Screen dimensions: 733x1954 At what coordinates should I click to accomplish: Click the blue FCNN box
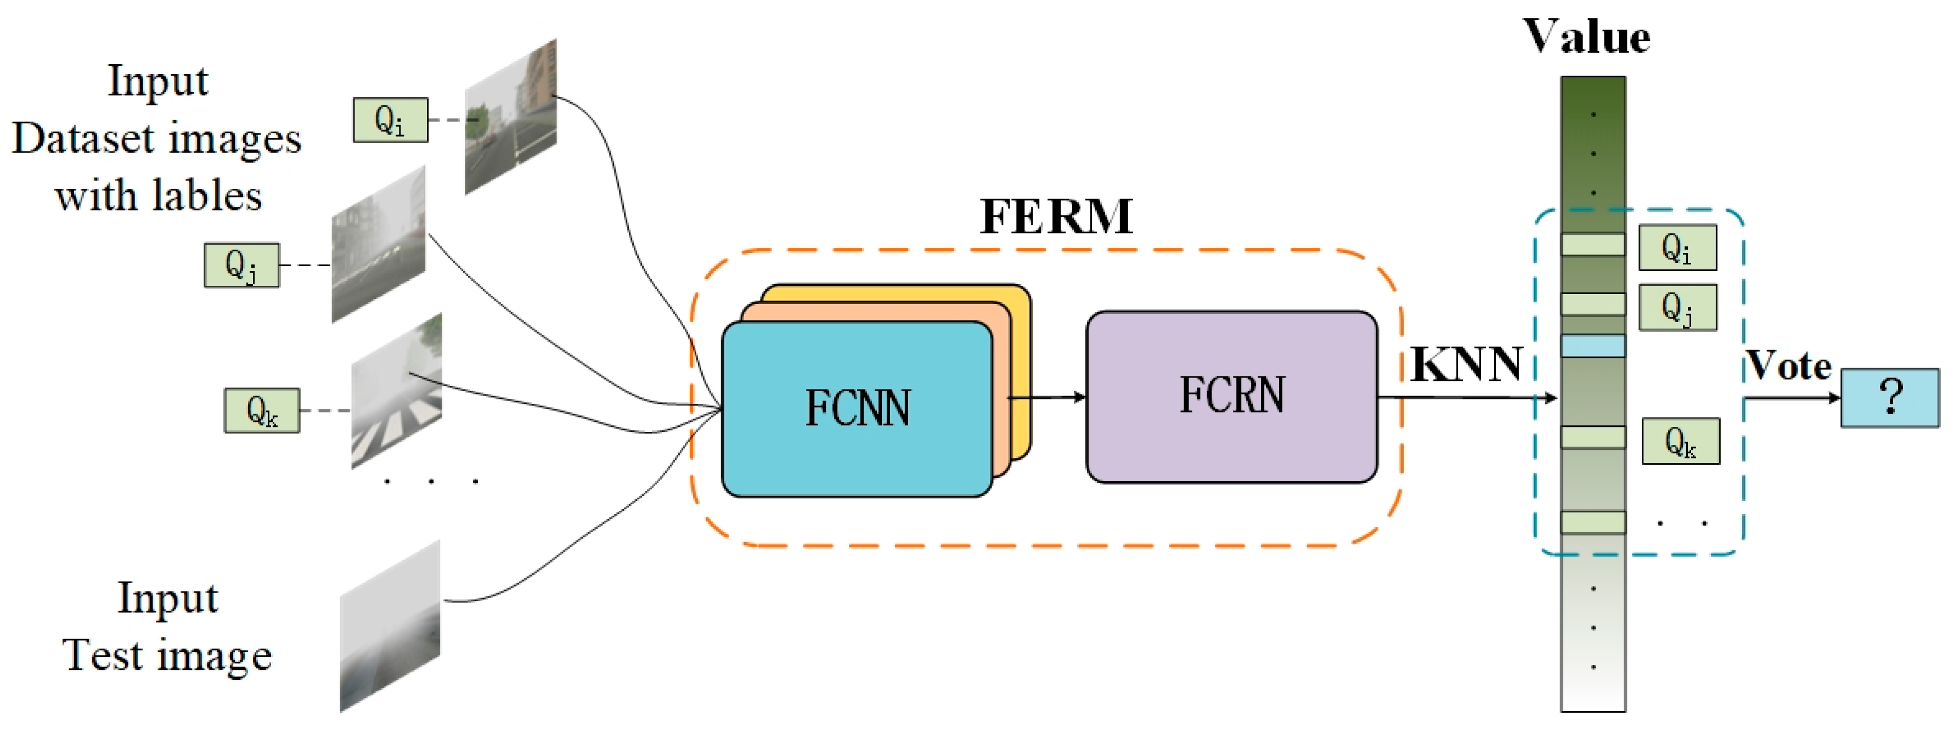tap(857, 410)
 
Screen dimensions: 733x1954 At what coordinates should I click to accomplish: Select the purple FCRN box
tap(1231, 396)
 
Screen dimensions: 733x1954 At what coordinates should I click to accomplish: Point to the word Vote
tap(1789, 366)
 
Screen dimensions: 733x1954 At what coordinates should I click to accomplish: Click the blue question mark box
tap(1889, 398)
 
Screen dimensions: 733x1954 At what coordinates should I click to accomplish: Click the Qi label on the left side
tap(390, 120)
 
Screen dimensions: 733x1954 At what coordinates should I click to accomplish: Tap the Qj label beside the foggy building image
tap(241, 265)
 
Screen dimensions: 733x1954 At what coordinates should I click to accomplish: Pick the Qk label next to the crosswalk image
tap(262, 410)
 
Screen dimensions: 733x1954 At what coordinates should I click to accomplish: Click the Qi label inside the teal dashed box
tap(1677, 247)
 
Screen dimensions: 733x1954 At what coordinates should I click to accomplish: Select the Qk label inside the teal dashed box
tap(1680, 441)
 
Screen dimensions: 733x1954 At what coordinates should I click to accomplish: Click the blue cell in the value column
tap(1592, 346)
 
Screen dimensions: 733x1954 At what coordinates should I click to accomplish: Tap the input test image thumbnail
tap(390, 626)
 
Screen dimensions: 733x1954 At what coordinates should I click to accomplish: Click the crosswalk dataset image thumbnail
tap(396, 391)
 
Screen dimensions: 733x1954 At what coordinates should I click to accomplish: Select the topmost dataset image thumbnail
tap(510, 117)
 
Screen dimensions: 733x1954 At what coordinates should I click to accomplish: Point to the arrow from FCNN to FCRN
tap(1047, 396)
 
